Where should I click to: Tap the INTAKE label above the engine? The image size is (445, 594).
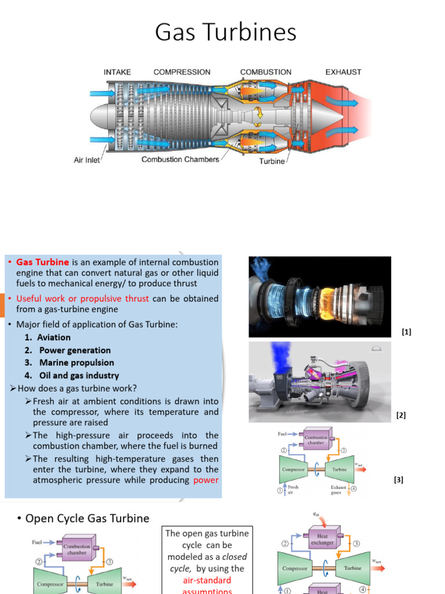(x=117, y=72)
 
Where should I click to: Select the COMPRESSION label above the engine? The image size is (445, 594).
(x=181, y=72)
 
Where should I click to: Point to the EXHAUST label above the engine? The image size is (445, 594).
(x=343, y=72)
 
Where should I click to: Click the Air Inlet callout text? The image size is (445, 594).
(x=87, y=160)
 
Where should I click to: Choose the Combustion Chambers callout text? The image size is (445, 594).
(x=180, y=159)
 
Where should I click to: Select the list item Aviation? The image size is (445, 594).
(x=54, y=338)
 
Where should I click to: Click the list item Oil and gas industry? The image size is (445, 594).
(x=79, y=376)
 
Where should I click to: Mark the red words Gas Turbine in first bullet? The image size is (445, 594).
(x=42, y=262)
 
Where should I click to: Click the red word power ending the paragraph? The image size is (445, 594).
(x=206, y=480)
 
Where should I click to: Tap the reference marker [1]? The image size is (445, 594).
(x=406, y=332)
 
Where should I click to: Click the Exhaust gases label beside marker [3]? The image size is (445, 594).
(x=339, y=490)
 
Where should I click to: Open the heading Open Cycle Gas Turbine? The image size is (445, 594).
(x=87, y=518)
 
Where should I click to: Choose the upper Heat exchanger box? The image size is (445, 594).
(x=322, y=540)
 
